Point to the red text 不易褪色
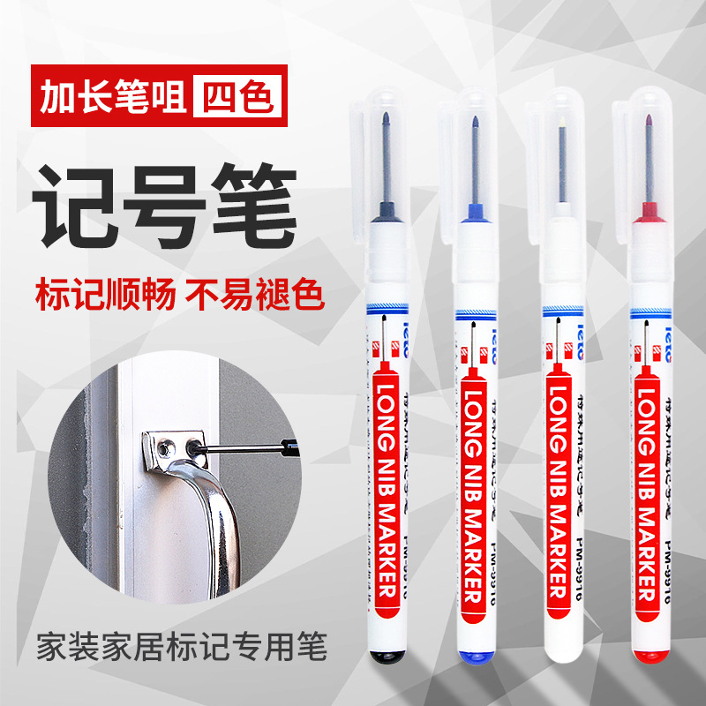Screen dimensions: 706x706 [x=255, y=294]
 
